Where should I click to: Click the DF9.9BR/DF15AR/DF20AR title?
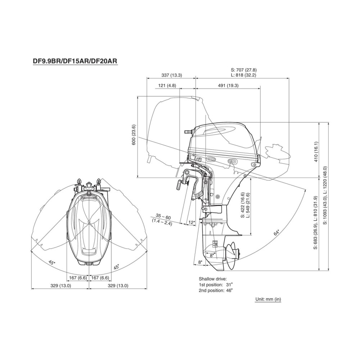pyautogui.click(x=75, y=61)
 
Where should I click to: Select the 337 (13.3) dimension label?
pyautogui.click(x=172, y=75)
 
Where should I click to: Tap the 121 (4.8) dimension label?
pyautogui.click(x=167, y=85)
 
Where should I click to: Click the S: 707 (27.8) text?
pyautogui.click(x=244, y=70)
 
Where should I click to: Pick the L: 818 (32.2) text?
pyautogui.click(x=244, y=75)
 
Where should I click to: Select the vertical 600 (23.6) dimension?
pyautogui.click(x=134, y=135)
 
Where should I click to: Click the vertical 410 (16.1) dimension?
pyautogui.click(x=316, y=152)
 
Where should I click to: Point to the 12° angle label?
pyautogui.click(x=192, y=222)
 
